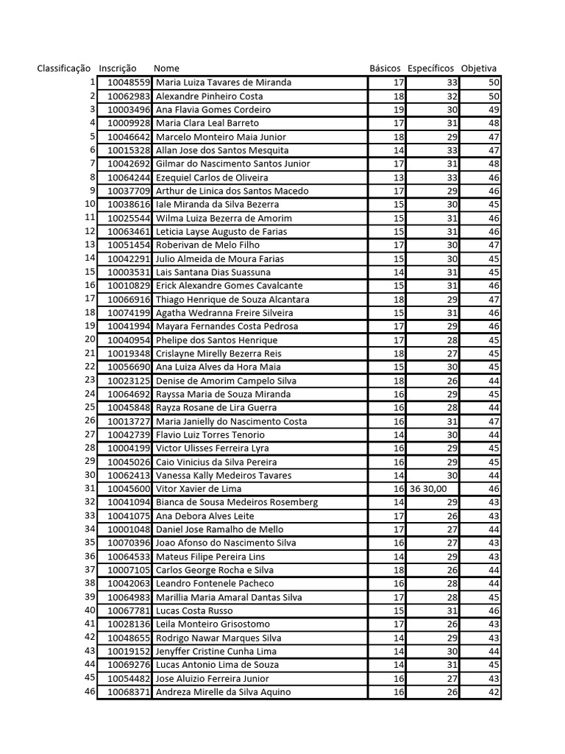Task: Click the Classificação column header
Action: (64, 68)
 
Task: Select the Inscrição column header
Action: (118, 68)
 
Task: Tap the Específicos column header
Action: (430, 68)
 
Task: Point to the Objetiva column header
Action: (479, 68)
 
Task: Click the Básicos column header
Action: (385, 68)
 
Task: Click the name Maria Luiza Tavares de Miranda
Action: (224, 82)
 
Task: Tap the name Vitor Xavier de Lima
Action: (199, 489)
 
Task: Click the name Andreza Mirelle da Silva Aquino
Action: (224, 692)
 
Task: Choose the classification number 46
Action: (90, 691)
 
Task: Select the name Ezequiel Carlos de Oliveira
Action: (212, 177)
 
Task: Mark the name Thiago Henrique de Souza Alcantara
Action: (232, 300)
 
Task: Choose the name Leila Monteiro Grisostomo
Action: (213, 624)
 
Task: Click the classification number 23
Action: (90, 380)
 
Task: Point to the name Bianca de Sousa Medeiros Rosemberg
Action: (237, 502)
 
